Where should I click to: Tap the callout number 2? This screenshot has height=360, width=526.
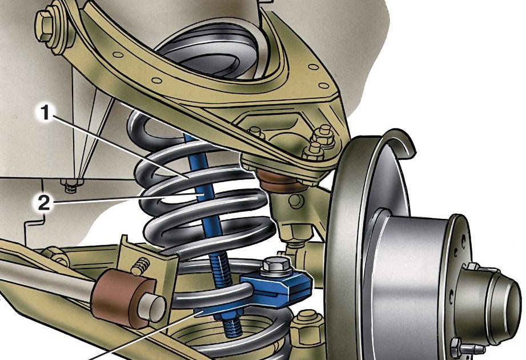[x=43, y=203]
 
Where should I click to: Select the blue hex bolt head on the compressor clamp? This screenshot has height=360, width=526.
[x=275, y=265]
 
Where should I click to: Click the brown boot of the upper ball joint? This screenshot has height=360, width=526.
[x=279, y=181]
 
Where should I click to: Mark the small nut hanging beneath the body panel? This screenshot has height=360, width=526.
[x=70, y=185]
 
